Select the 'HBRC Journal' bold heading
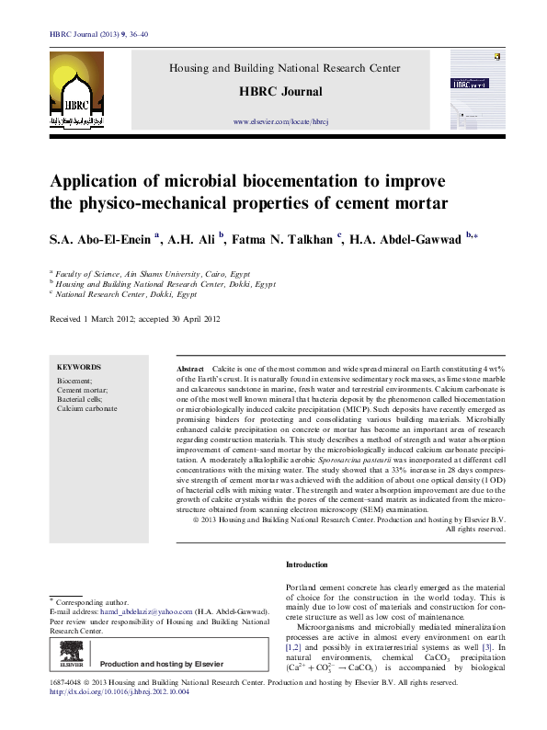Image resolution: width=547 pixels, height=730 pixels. [x=280, y=92]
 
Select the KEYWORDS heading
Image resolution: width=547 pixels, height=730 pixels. [x=79, y=366]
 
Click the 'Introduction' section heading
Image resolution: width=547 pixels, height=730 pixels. [x=306, y=564]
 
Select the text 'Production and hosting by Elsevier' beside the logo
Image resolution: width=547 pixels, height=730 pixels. [x=162, y=664]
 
